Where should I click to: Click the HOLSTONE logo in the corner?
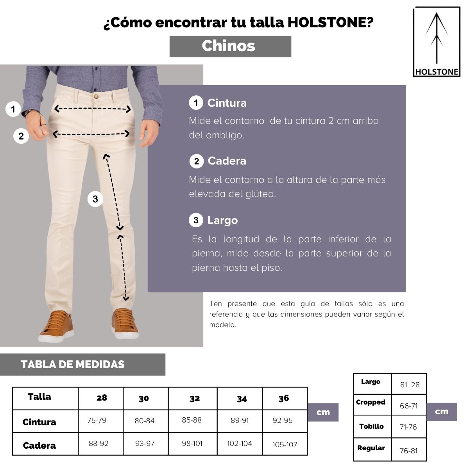click(437, 42)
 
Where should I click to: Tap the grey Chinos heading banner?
click(230, 46)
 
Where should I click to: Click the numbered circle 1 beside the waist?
click(13, 109)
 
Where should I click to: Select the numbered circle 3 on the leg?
click(95, 199)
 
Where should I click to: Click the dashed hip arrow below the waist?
click(91, 134)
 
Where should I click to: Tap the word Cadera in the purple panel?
click(227, 161)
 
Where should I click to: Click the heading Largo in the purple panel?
click(222, 220)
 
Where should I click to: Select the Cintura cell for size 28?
click(97, 421)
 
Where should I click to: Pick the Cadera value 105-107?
click(285, 444)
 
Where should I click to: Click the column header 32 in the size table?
click(195, 398)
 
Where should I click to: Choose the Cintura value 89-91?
click(240, 421)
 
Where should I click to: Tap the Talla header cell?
click(39, 397)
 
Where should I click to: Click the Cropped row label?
click(371, 402)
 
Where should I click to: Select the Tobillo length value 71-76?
click(408, 427)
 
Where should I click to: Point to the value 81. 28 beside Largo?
click(410, 385)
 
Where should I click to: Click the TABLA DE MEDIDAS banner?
click(73, 365)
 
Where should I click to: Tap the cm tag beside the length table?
click(442, 412)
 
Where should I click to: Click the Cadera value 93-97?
click(145, 444)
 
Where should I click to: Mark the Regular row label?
click(371, 448)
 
